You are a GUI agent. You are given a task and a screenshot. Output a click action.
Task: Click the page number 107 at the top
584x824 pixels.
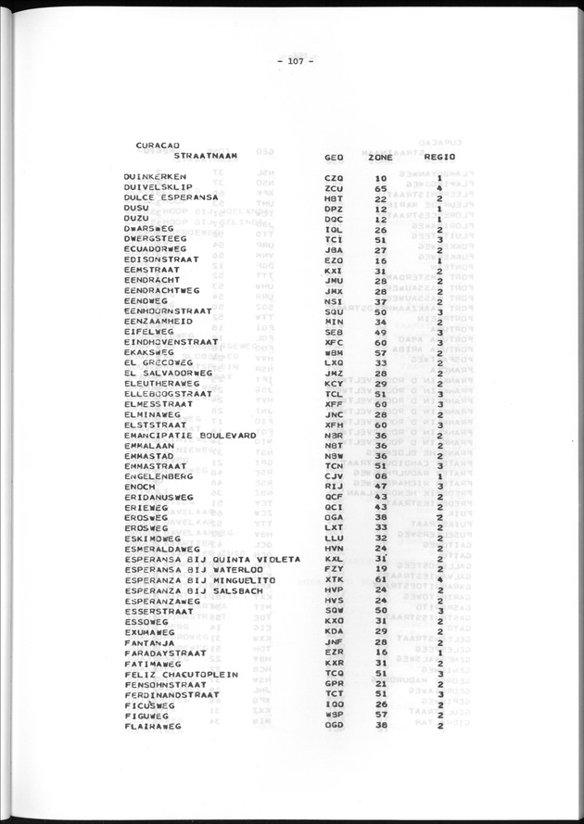click(296, 62)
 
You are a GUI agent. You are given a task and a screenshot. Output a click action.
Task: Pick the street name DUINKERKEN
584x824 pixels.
click(156, 177)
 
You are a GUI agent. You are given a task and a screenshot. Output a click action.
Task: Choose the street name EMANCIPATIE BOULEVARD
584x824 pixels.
click(189, 435)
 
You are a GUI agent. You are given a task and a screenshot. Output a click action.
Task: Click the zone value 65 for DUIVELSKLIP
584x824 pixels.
click(380, 188)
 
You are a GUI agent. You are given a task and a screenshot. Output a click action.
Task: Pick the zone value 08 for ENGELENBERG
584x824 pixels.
click(380, 476)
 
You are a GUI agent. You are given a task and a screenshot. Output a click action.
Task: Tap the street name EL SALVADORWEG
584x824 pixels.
click(168, 374)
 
